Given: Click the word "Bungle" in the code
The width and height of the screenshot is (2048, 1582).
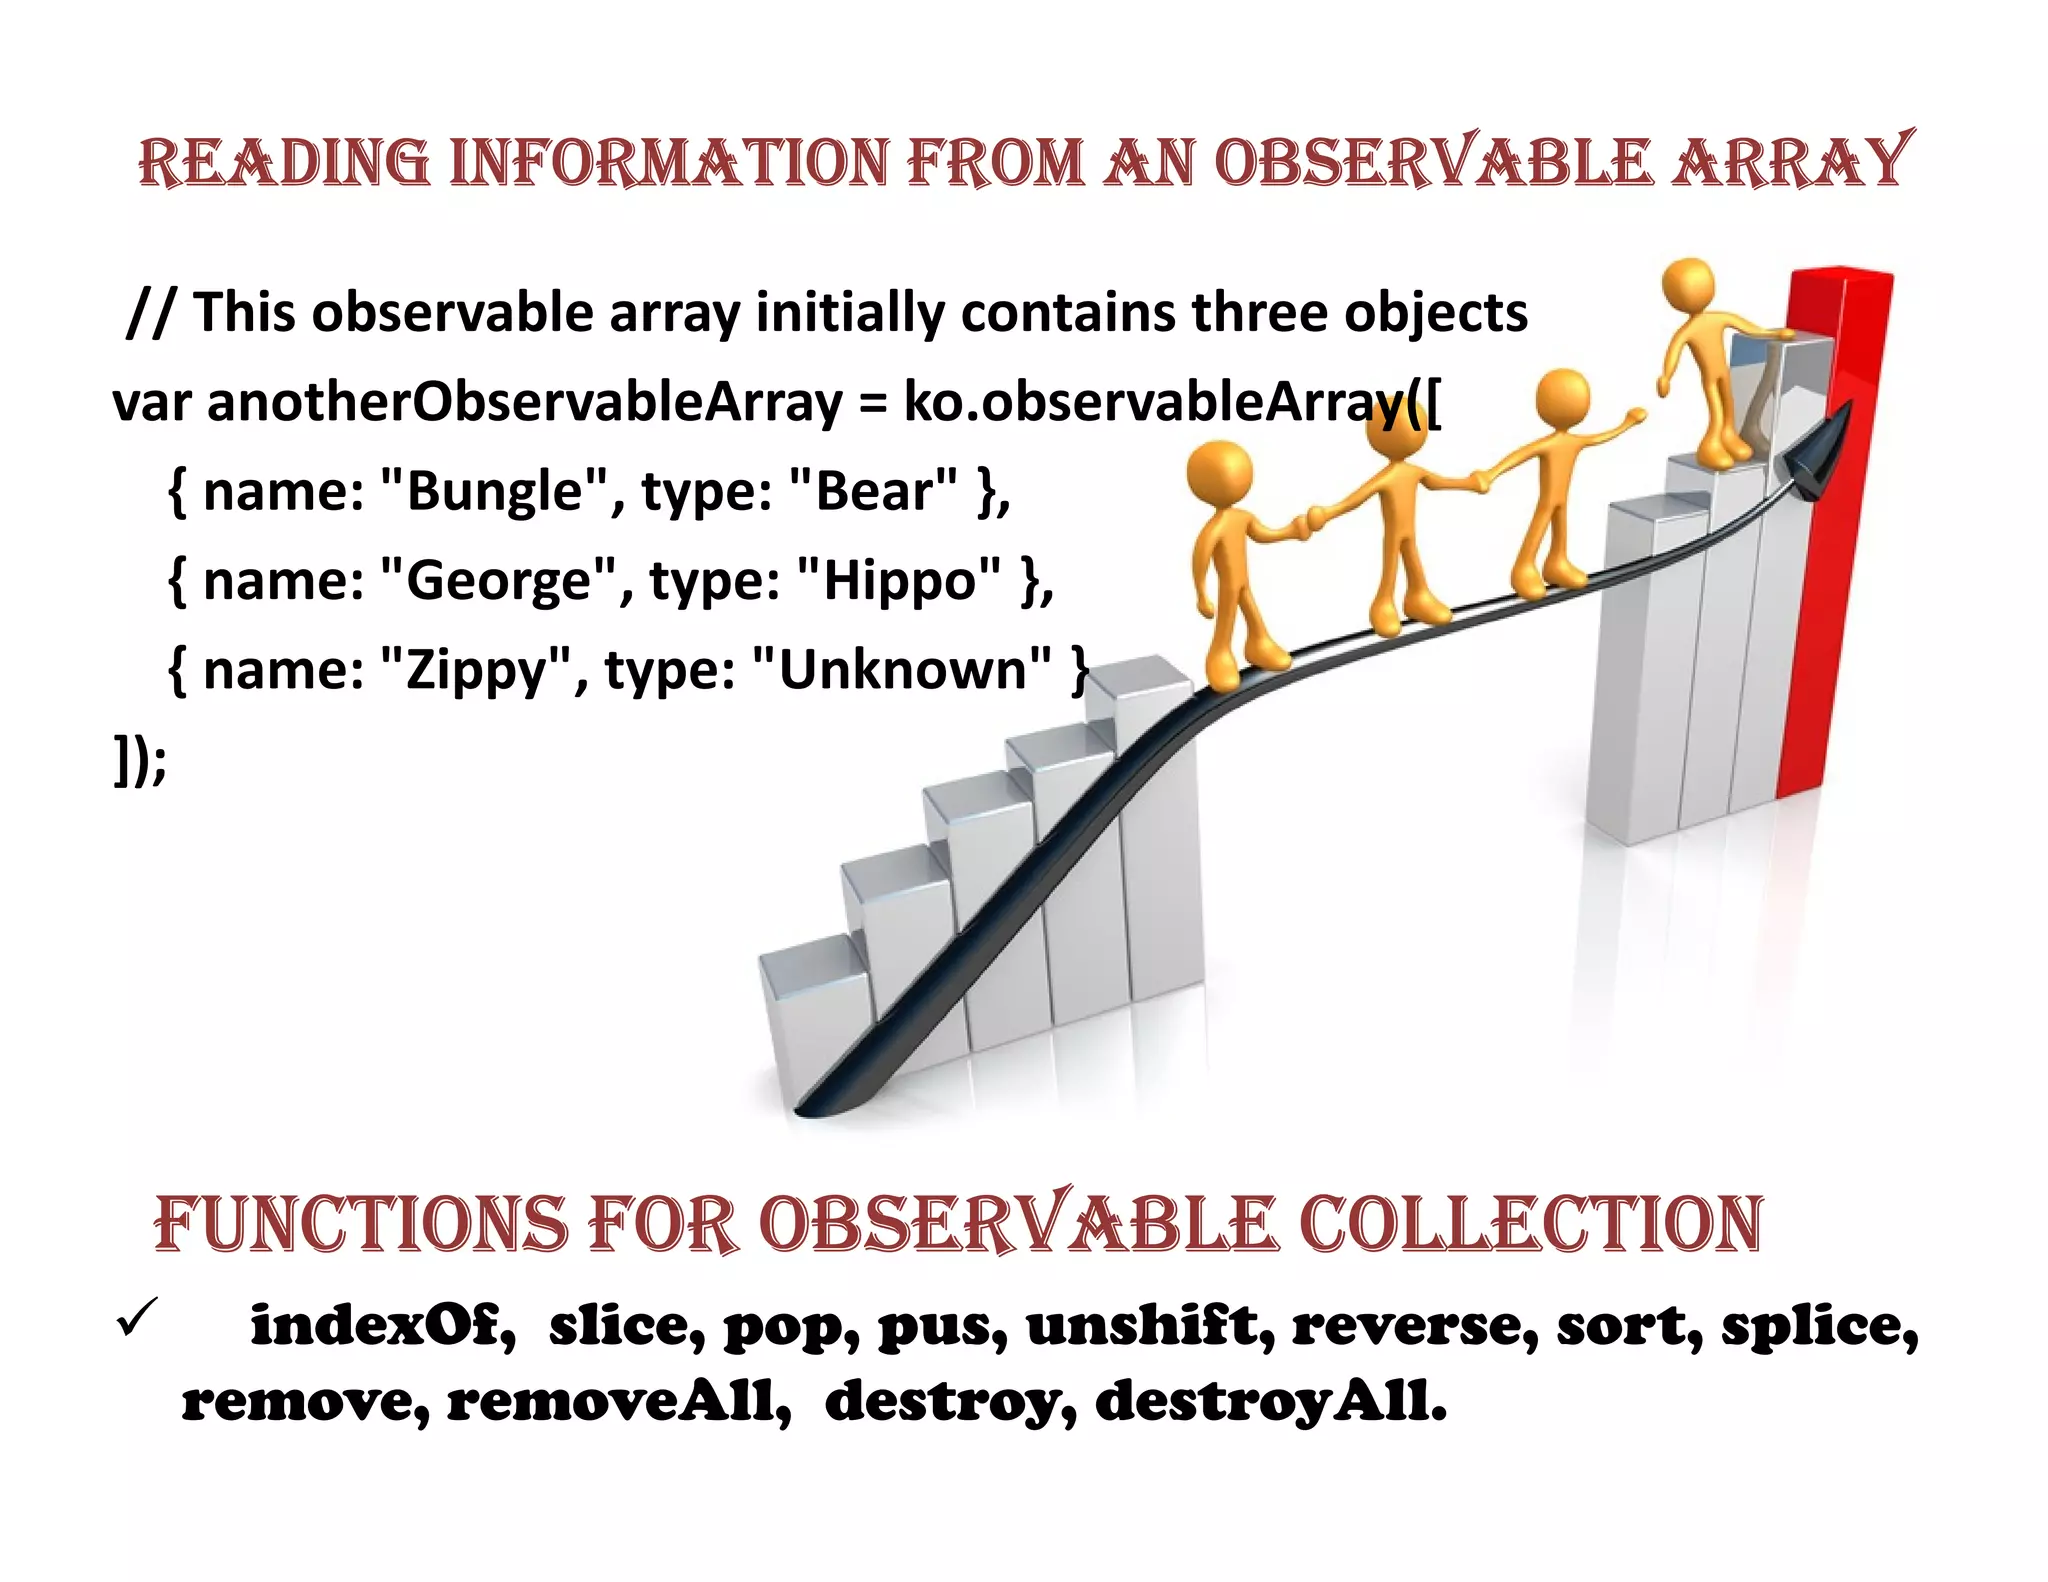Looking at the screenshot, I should [495, 492].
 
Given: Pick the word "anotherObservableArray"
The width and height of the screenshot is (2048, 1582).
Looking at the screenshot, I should [525, 403].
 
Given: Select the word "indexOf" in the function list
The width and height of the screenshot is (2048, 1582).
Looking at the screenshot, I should [382, 1326].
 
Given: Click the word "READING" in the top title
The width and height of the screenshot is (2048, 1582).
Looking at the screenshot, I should [283, 162].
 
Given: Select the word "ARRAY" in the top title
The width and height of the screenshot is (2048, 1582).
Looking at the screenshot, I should [1792, 162].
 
